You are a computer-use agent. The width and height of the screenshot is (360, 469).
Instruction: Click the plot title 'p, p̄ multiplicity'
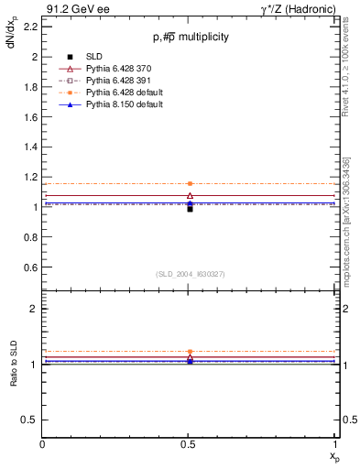coord(191,38)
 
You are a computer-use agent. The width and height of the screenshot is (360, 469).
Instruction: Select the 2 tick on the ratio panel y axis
coord(34,309)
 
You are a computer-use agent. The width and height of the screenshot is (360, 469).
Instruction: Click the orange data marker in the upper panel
coord(190,183)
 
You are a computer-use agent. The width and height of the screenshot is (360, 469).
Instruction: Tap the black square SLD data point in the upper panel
coord(190,209)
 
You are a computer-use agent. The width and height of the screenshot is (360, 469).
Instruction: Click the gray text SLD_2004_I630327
coord(190,274)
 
